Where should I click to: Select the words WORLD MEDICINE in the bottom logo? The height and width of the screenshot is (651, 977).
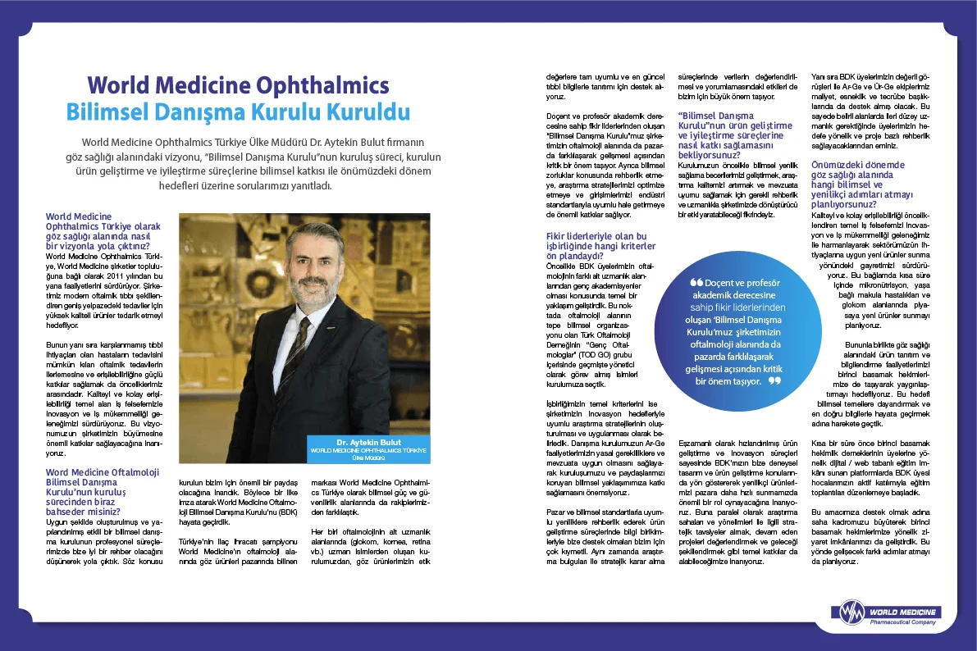[x=903, y=612]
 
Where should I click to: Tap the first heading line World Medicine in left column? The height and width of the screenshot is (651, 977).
[x=80, y=216]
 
